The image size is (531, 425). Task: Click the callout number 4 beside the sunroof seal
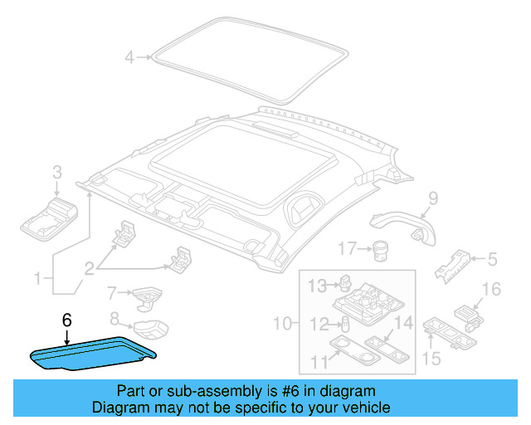coord(129,57)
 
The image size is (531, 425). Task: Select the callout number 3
coord(56,173)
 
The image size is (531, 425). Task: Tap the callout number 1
coord(36,278)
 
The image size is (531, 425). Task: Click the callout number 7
coord(110,292)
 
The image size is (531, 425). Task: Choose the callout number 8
coord(114,317)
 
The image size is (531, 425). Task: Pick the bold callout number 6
coord(67,318)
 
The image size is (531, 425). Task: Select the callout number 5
coord(492,260)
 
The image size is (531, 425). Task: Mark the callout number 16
coord(492,289)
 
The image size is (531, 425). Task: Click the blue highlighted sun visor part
coord(91,354)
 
